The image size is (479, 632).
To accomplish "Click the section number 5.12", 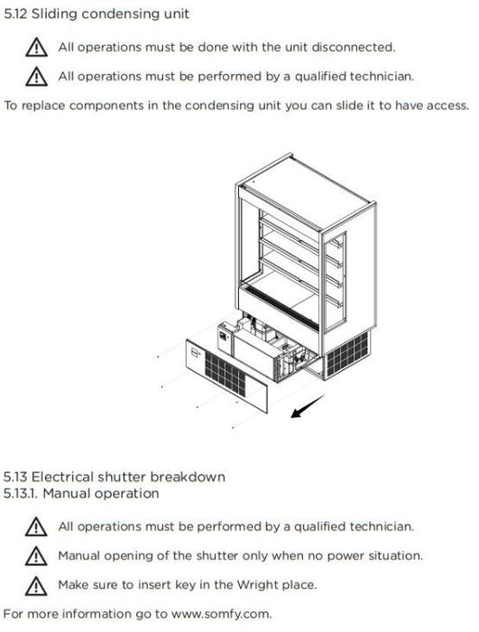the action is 14,14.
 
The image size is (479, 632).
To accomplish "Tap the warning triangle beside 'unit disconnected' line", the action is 36,47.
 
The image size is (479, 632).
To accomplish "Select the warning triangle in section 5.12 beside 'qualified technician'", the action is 36,77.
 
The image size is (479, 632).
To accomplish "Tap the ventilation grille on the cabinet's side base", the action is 347,353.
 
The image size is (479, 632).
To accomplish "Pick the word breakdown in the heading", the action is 188,478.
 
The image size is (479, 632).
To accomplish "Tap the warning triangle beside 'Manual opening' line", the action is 36,556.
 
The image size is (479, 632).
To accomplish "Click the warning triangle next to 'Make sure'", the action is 36,586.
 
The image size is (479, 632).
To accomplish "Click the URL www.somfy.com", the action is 221,614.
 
